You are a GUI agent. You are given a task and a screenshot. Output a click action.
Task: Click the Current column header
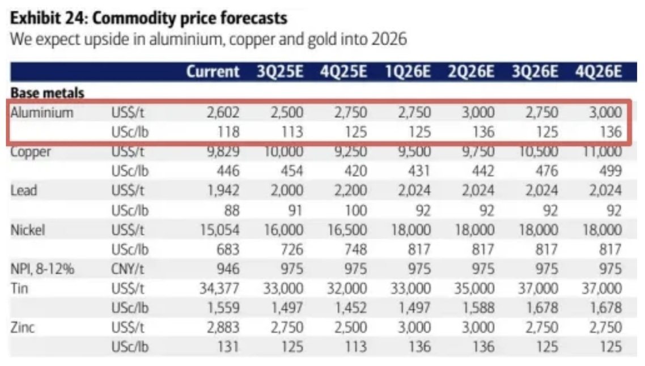click(x=213, y=72)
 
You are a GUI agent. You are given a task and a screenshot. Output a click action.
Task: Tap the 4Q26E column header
click(x=598, y=72)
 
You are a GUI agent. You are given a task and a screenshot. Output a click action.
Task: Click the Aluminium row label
click(x=42, y=112)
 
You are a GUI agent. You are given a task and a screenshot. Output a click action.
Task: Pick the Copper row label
click(x=31, y=152)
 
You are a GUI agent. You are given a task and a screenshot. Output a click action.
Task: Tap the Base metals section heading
click(x=48, y=92)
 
